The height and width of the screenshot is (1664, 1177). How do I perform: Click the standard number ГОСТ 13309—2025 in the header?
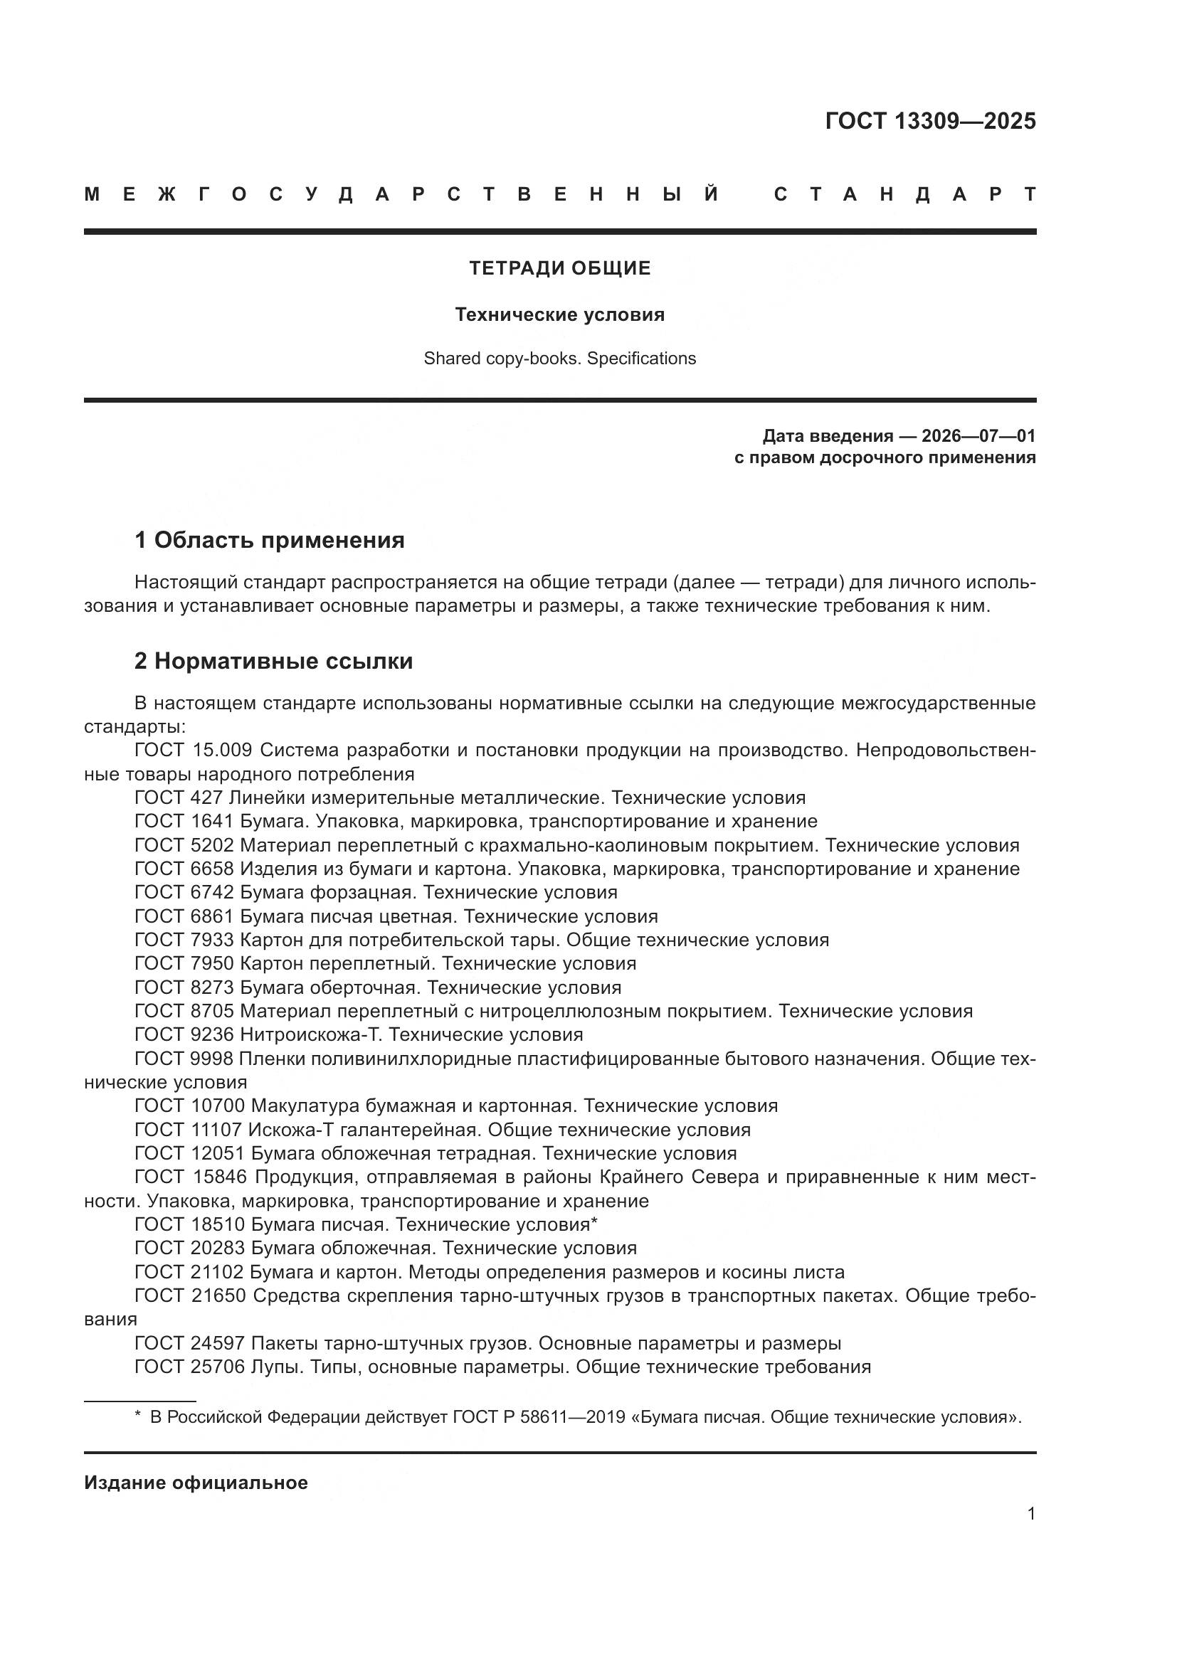pos(930,121)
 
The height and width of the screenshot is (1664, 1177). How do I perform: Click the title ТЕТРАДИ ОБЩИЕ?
pos(559,268)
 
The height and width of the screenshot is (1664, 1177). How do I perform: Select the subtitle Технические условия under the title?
pos(559,314)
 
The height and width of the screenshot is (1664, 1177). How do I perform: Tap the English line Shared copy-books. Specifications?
pos(559,359)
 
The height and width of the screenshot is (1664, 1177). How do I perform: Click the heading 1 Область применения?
pos(269,540)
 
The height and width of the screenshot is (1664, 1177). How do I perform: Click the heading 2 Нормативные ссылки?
pos(273,661)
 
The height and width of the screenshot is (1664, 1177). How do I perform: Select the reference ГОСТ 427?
pos(180,798)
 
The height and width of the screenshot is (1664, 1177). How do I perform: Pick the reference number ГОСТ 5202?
pos(184,845)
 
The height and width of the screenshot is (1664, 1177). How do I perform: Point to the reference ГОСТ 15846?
pos(190,1177)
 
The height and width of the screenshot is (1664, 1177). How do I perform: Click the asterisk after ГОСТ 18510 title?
pos(594,1224)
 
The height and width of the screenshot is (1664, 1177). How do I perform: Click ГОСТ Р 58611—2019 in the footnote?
pos(539,1417)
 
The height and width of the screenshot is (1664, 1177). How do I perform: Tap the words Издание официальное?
pos(196,1483)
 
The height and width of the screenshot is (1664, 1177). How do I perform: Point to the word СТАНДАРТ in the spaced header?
pos(904,194)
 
